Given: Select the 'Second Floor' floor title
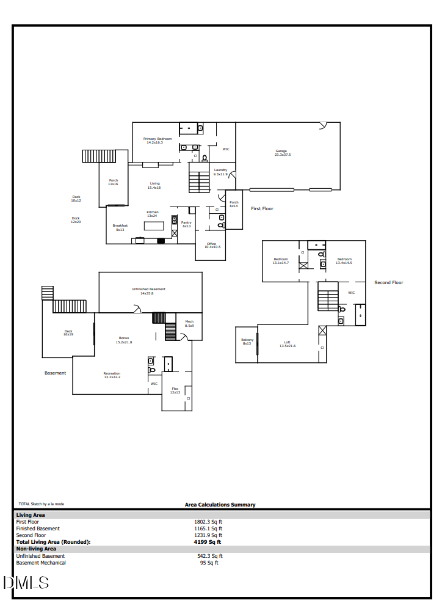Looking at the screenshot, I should [x=389, y=282].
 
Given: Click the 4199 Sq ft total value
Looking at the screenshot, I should [x=208, y=542].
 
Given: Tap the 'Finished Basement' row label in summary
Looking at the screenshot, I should [x=38, y=529].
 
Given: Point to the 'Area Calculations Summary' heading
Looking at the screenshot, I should [x=220, y=505].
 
